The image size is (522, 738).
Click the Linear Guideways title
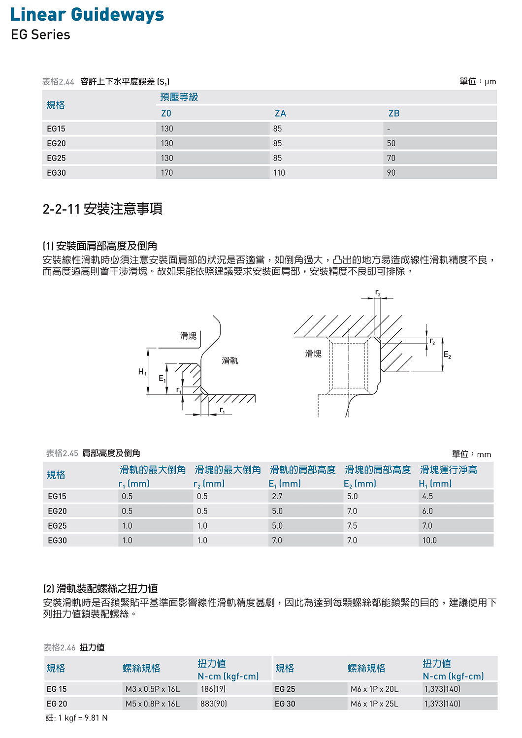(x=87, y=15)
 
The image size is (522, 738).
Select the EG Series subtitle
(x=40, y=35)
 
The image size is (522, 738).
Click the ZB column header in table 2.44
(x=394, y=113)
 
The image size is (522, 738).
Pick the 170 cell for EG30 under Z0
(x=167, y=173)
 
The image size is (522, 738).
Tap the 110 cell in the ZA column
(x=279, y=173)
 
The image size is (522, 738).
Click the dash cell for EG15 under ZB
(x=389, y=129)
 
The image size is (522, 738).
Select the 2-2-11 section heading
(x=102, y=209)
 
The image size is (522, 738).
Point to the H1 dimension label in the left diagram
(x=142, y=372)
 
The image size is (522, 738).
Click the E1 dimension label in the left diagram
(x=162, y=379)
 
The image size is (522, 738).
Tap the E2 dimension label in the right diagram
(x=447, y=355)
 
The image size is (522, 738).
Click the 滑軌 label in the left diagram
(x=230, y=361)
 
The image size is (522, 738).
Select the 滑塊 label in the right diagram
(x=313, y=353)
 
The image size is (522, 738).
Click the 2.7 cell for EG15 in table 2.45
(x=277, y=496)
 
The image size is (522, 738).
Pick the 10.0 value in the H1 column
(x=429, y=541)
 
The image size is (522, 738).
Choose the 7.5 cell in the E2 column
(x=352, y=526)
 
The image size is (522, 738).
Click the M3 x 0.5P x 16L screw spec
(x=153, y=689)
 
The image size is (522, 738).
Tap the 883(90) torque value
(x=213, y=704)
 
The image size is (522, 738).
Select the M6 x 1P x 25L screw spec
(x=374, y=704)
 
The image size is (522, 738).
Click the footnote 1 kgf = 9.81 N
(x=77, y=718)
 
